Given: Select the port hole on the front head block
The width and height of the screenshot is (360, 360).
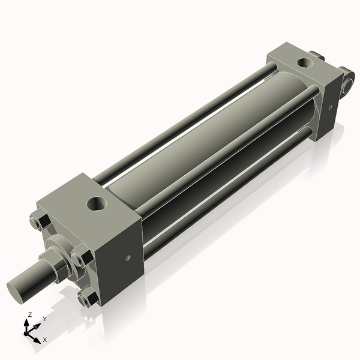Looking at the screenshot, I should pyautogui.click(x=96, y=204).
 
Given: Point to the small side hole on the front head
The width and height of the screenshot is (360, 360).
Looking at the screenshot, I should pyautogui.click(x=128, y=259).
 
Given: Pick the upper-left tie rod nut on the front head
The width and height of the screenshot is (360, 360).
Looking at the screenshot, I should pyautogui.click(x=37, y=223).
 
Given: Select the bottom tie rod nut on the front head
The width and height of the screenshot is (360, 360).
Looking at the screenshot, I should pyautogui.click(x=89, y=298).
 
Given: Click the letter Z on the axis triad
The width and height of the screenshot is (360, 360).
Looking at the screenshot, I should pyautogui.click(x=30, y=314).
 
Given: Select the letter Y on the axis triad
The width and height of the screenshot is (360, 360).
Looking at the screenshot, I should pyautogui.click(x=44, y=319).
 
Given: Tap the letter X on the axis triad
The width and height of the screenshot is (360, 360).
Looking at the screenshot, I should pyautogui.click(x=44, y=340).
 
